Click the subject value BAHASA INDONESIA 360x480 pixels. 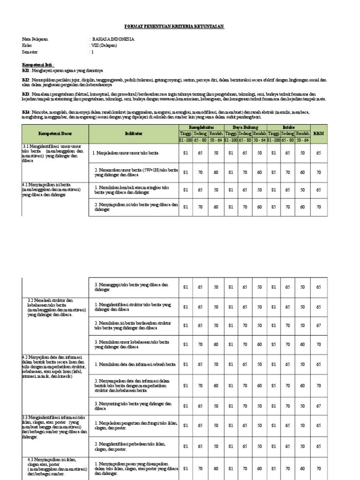pyautogui.click(x=112, y=39)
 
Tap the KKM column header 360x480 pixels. pyautogui.click(x=319, y=134)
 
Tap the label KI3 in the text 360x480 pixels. pyautogui.click(x=26, y=94)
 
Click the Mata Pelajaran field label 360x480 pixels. pyautogui.click(x=35, y=39)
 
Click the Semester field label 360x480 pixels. pyautogui.click(x=32, y=52)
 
